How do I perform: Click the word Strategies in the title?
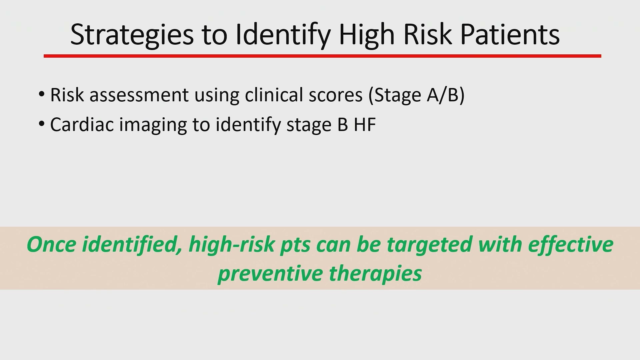pos(132,35)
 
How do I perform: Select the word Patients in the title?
pos(510,34)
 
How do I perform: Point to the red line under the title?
pos(322,56)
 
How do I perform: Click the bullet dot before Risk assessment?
pos(41,94)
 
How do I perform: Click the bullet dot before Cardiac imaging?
pos(41,124)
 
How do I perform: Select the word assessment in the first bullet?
pos(139,95)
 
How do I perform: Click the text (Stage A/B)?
pos(417,95)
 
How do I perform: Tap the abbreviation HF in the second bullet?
pos(365,125)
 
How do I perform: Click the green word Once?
pos(52,244)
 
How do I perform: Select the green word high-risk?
pos(232,244)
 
